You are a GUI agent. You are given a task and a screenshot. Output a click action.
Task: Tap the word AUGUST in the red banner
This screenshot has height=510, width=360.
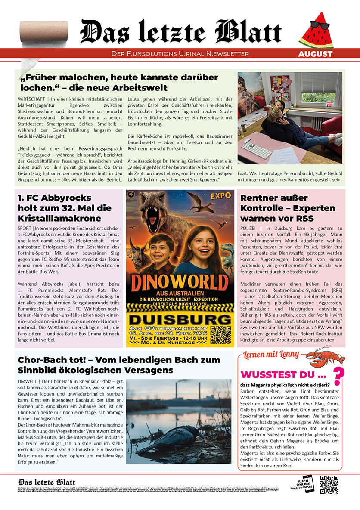click(315, 54)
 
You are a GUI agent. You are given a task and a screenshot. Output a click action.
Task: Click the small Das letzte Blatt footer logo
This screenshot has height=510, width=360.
click(47, 482)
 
